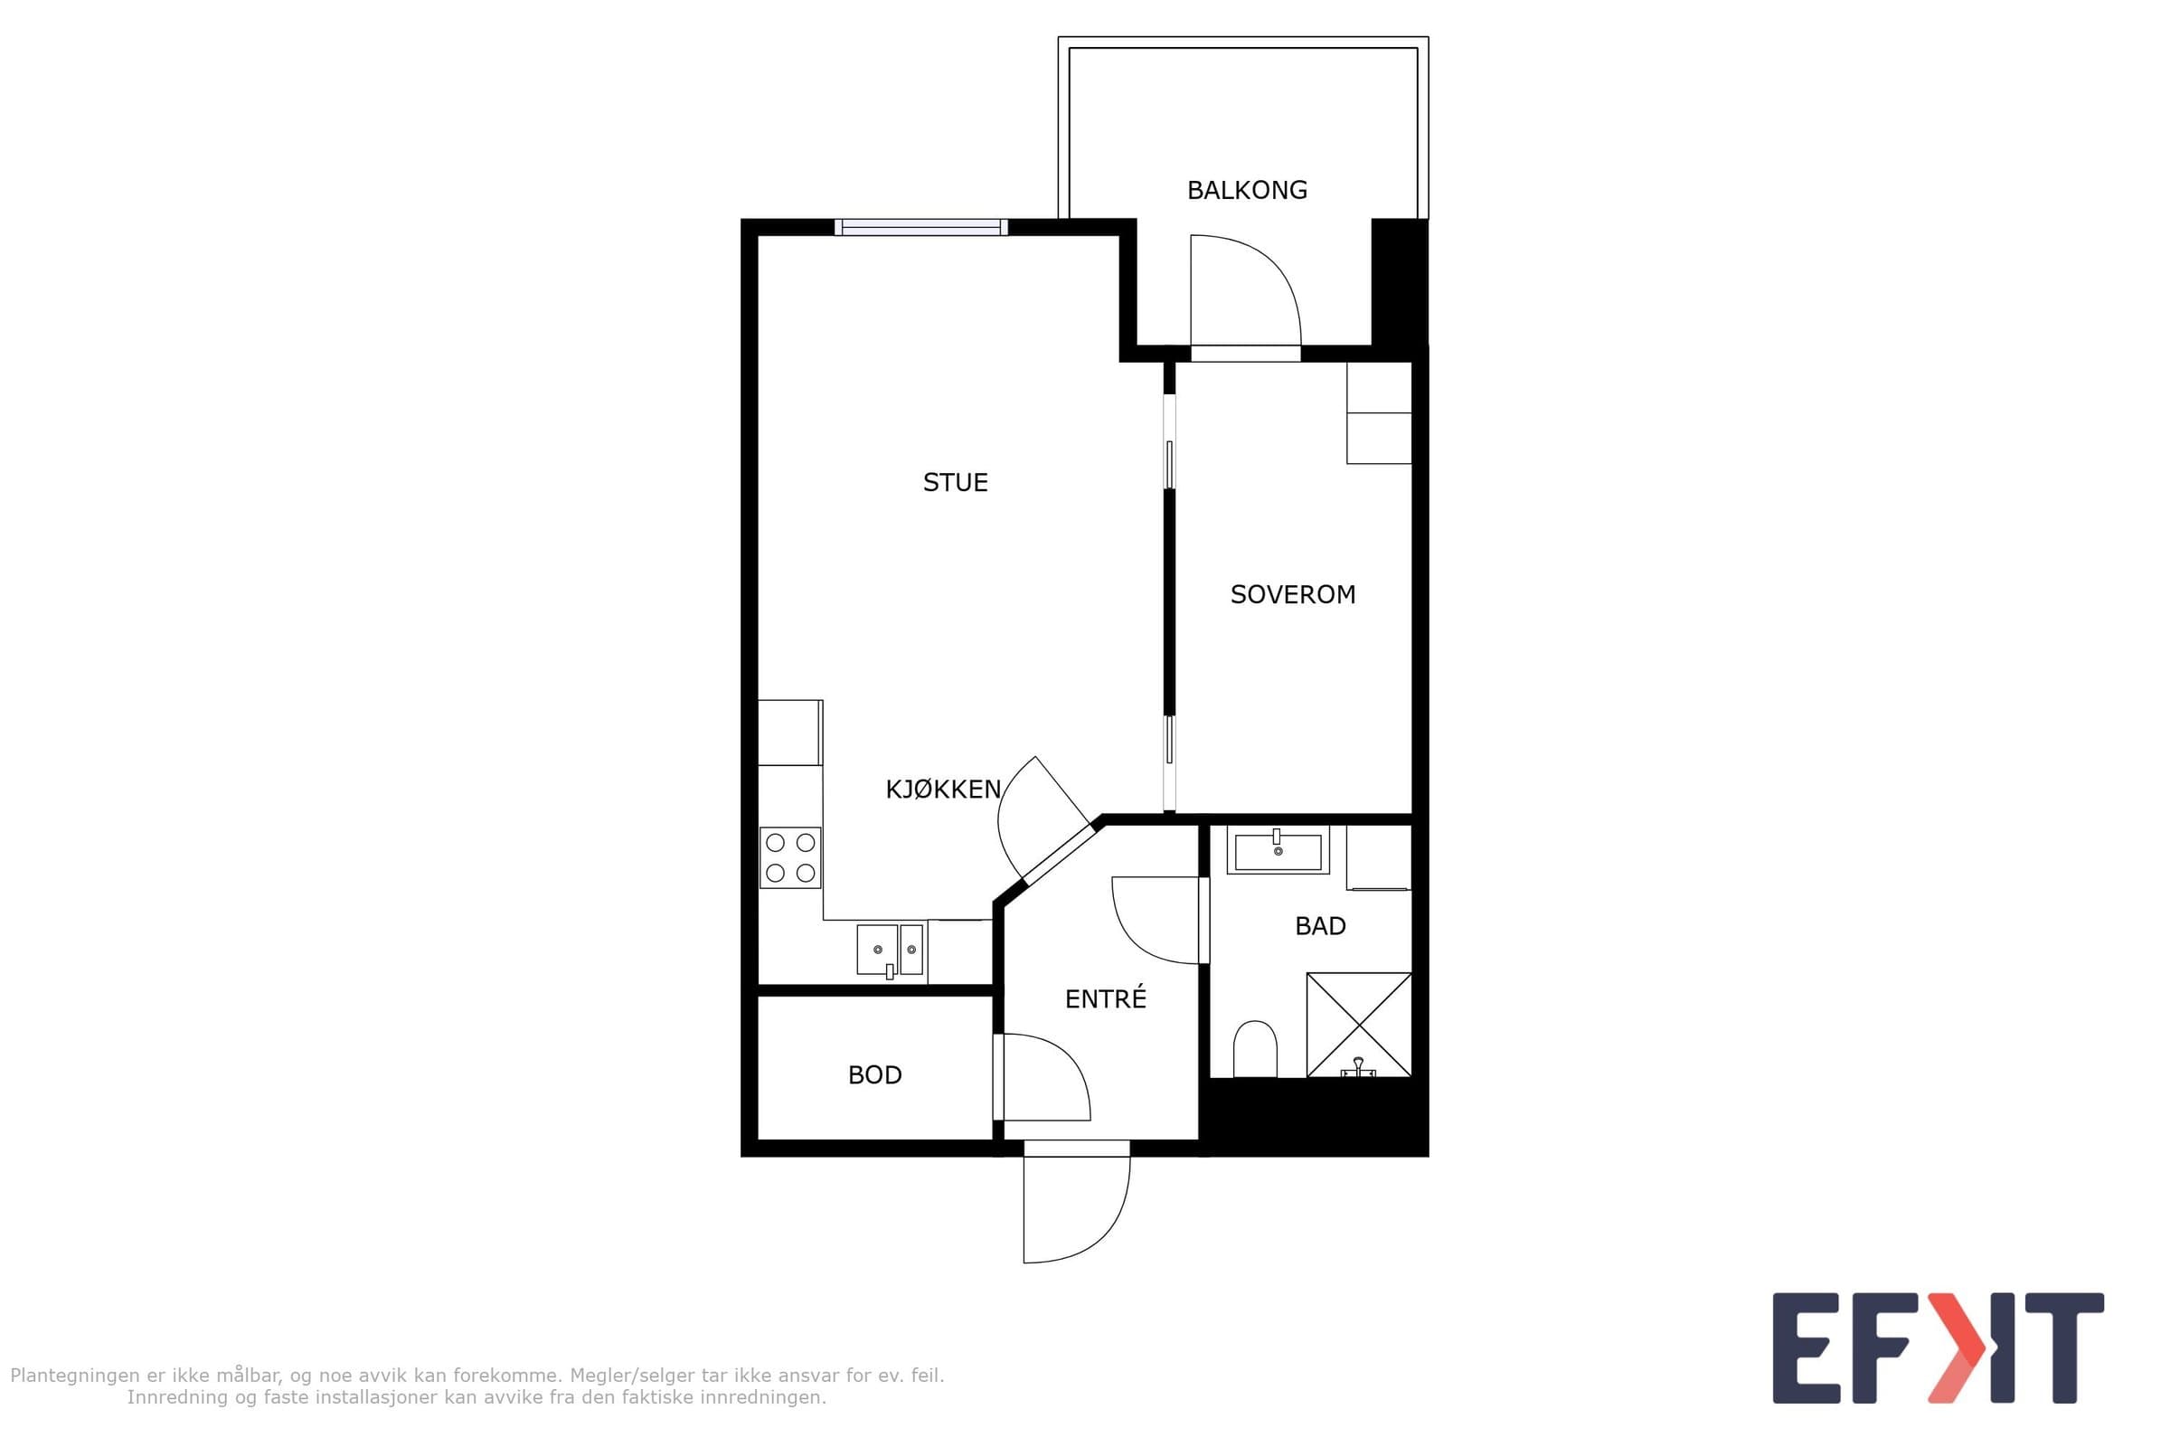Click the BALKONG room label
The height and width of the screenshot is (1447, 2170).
(1247, 190)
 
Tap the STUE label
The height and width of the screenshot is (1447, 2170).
(955, 483)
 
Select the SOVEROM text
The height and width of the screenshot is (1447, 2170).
(1293, 594)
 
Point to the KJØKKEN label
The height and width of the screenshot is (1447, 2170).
(943, 789)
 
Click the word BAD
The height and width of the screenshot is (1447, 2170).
(1320, 925)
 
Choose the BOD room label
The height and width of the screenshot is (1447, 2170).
(874, 1075)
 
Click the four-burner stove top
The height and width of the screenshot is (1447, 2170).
(790, 857)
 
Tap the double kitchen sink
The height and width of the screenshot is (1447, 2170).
(891, 950)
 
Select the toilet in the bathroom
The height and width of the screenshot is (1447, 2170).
(1255, 1049)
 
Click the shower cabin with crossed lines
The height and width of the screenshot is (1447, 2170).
(1359, 1025)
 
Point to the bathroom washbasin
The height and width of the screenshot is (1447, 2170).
(1278, 851)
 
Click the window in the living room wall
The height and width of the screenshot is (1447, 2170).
(920, 227)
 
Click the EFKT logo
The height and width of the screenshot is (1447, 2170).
(1939, 1348)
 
